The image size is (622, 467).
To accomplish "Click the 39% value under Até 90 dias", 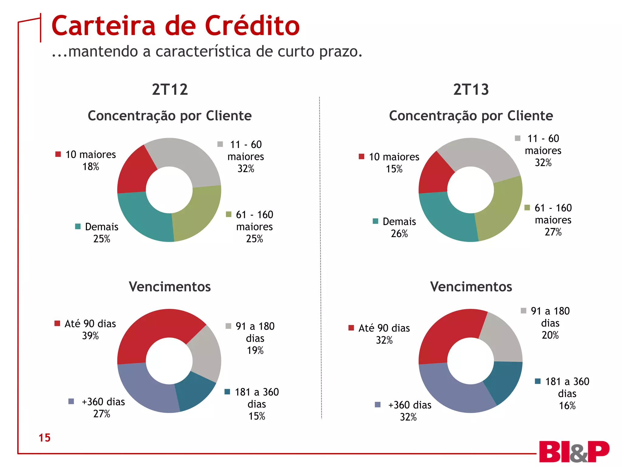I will point(91,336).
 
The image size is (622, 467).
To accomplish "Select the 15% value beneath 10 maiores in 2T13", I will point(394,169).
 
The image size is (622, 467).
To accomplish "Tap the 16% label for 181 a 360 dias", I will point(567,406).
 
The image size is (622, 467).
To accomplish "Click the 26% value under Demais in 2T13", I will point(399,234).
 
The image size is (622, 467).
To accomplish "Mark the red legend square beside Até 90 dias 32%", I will point(351,328).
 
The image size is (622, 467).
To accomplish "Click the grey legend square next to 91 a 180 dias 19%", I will point(228,326).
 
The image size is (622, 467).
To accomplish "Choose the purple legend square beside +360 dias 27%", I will point(71,401).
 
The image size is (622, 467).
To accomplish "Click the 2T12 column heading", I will point(170,90).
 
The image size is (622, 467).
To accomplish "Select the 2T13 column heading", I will point(471,90).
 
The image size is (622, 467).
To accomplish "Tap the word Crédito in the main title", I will point(252,26).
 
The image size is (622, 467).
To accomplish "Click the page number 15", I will point(44,438).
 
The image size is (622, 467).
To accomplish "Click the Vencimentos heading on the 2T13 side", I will point(471,287).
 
